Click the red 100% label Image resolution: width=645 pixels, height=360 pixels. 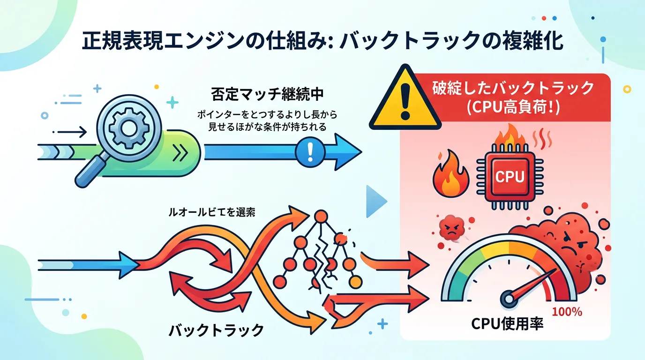567,311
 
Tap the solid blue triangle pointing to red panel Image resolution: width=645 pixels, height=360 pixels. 377,202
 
